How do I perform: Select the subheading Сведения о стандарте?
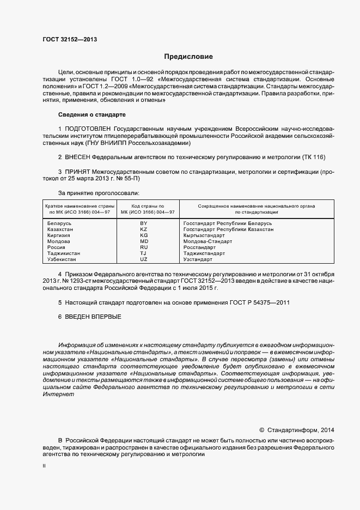[92, 115]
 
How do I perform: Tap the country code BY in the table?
[144, 223]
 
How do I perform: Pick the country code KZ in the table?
[144, 229]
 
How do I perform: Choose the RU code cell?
[144, 247]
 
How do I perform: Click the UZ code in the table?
[144, 259]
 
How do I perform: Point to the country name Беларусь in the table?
[59, 223]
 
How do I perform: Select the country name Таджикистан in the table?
[64, 253]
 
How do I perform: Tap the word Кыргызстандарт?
[204, 235]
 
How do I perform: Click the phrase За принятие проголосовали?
[99, 193]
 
